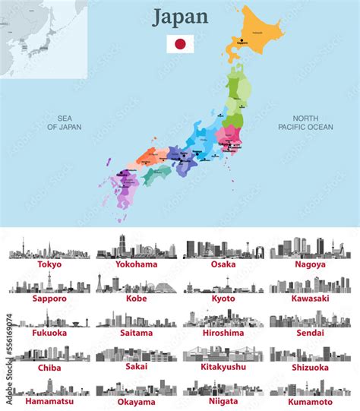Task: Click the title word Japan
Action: (x=180, y=17)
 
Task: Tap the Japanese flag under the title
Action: (x=180, y=43)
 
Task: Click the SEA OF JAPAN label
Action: (x=69, y=122)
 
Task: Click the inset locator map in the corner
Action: (x=44, y=38)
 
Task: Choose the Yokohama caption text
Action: (x=137, y=265)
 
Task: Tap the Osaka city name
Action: (x=223, y=264)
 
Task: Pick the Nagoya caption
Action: (x=309, y=264)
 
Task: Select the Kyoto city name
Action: (x=223, y=299)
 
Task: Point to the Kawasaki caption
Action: (x=309, y=299)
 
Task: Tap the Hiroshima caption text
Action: (x=223, y=333)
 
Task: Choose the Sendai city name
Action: (x=309, y=333)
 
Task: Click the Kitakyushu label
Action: (x=223, y=366)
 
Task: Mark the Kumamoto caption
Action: (x=309, y=400)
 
